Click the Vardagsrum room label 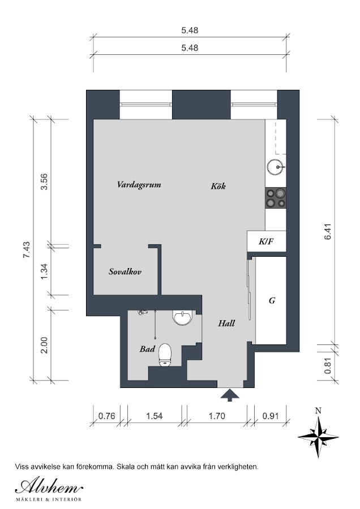139,185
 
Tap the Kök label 218,186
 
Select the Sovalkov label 125,271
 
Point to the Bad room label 147,349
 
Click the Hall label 226,323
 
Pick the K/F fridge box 267,241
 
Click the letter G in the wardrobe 272,301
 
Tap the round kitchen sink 276,167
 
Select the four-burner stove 276,198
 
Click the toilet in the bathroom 165,355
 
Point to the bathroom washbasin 183,317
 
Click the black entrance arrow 230,395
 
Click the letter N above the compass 319,411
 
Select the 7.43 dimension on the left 26,249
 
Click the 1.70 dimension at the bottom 217,416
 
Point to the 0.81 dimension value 328,365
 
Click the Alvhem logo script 49,486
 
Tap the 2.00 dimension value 44,346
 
